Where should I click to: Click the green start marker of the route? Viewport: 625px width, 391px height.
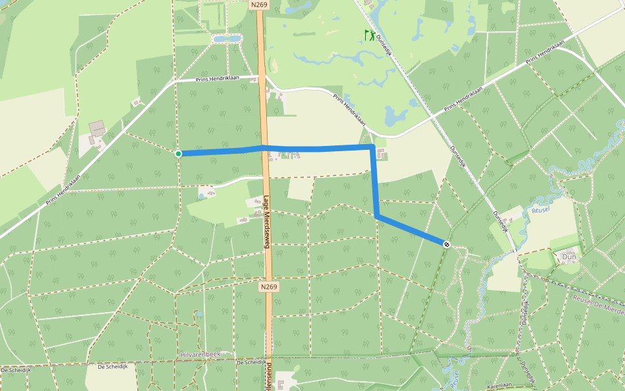click(178, 154)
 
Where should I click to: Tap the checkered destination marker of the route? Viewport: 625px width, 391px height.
click(446, 244)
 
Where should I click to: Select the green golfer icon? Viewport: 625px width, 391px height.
click(369, 35)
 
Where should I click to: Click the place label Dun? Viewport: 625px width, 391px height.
click(568, 257)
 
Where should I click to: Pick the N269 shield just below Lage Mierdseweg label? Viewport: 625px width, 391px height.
click(268, 287)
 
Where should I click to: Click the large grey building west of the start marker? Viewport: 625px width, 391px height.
click(97, 128)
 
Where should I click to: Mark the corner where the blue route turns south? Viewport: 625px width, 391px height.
click(372, 147)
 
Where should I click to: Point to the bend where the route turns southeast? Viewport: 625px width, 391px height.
click(377, 216)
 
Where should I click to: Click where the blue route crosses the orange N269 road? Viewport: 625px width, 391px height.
click(264, 149)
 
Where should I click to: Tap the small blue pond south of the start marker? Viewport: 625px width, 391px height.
click(201, 195)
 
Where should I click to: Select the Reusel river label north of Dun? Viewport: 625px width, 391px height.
click(541, 210)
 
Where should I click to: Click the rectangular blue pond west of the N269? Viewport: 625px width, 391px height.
click(226, 39)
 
